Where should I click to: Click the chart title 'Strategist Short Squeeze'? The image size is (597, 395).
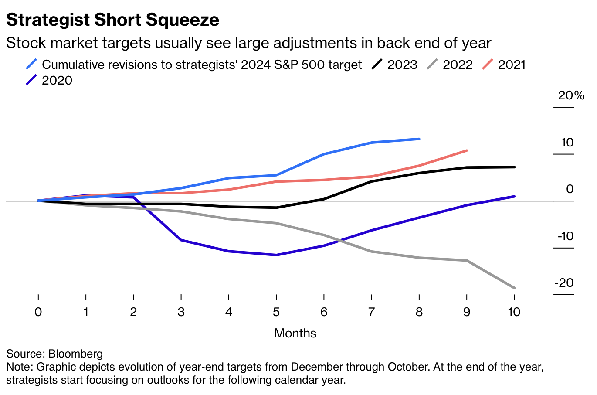pyautogui.click(x=112, y=20)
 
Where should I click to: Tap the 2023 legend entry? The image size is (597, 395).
pyautogui.click(x=394, y=65)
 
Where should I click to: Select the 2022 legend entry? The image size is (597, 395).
pyautogui.click(x=450, y=65)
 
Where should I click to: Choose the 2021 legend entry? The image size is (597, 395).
pyautogui.click(x=504, y=65)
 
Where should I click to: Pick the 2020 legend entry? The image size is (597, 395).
pyautogui.click(x=49, y=80)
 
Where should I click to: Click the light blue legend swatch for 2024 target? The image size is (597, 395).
pyautogui.click(x=31, y=64)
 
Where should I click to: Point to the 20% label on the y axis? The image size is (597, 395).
pyautogui.click(x=571, y=95)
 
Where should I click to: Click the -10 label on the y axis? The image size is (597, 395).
pyautogui.click(x=566, y=236)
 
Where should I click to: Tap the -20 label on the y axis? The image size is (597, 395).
pyautogui.click(x=564, y=283)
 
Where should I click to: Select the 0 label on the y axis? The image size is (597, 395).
pyautogui.click(x=570, y=189)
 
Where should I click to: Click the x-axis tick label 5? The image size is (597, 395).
pyautogui.click(x=276, y=312)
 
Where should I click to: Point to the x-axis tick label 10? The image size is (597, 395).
pyautogui.click(x=514, y=312)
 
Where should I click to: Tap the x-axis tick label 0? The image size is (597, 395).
pyautogui.click(x=38, y=312)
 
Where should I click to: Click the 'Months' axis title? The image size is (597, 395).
pyautogui.click(x=295, y=334)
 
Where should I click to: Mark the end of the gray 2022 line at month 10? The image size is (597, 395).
pyautogui.click(x=514, y=288)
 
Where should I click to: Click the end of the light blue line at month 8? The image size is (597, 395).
pyautogui.click(x=419, y=139)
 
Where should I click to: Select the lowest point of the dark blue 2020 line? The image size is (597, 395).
pyautogui.click(x=276, y=255)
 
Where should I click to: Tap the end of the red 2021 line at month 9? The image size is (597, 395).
pyautogui.click(x=467, y=150)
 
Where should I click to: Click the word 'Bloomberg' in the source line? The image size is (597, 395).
pyautogui.click(x=75, y=354)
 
